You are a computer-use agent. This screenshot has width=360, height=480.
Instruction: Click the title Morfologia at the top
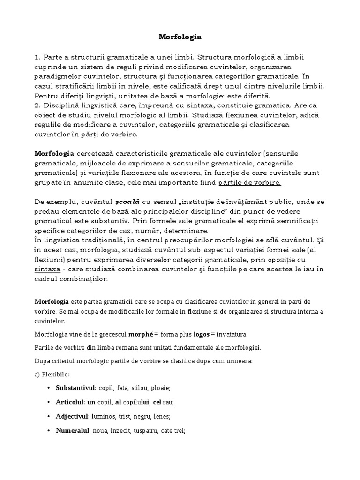tap(180, 36)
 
